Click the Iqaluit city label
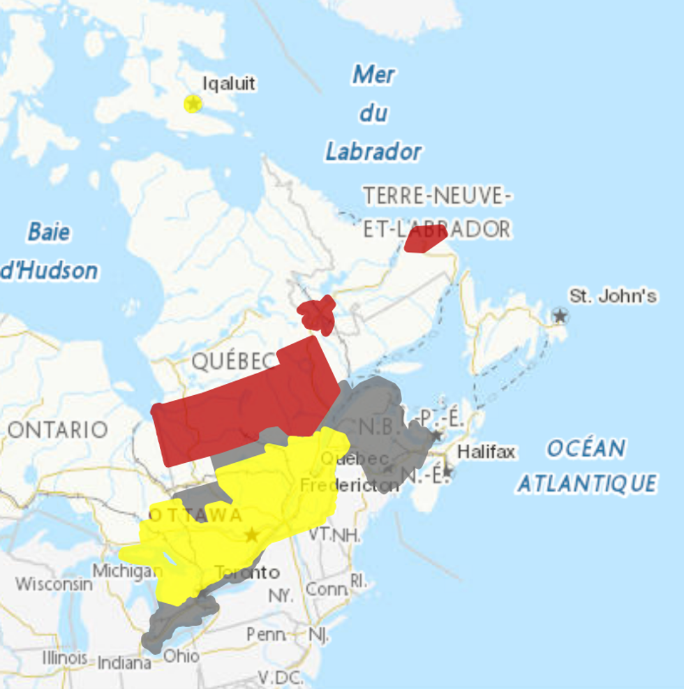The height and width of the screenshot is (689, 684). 229,84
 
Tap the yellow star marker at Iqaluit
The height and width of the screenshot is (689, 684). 193,104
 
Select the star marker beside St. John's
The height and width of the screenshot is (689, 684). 560,316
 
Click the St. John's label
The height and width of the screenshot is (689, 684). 613,296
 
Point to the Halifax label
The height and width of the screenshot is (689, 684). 486,452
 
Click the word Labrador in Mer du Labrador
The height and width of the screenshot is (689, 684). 373,151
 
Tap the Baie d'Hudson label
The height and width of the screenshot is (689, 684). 49,251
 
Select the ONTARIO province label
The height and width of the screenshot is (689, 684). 58,429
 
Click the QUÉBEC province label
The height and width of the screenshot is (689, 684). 234,361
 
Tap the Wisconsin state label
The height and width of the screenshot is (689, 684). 54,584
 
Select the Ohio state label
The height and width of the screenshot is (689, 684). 181,656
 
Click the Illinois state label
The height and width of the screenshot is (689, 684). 65,658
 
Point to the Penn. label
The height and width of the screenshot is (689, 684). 266,635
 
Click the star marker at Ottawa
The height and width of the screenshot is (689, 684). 252,535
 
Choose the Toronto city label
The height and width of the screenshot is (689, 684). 247,573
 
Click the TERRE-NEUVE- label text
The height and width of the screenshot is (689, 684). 437,196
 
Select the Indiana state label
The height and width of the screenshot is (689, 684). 124,662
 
